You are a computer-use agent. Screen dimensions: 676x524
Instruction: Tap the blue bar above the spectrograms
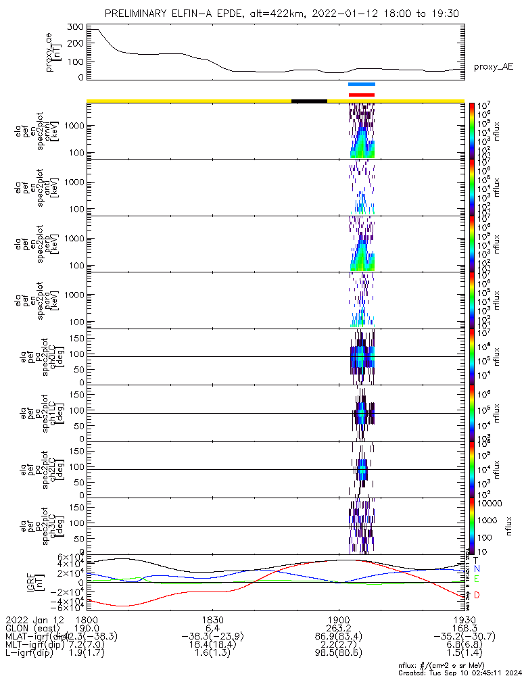361,84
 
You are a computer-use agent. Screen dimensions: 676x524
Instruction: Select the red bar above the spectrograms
361,95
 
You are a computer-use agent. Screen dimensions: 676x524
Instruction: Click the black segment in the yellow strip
309,101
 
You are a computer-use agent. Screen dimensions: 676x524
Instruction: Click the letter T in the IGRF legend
476,560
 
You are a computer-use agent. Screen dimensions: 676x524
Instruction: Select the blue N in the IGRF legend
476,569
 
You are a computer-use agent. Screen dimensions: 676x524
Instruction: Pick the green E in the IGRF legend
476,580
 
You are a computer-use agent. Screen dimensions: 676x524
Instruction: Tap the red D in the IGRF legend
476,595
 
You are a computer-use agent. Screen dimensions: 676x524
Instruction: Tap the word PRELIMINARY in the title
141,14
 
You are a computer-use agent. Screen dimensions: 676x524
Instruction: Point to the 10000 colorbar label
487,504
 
